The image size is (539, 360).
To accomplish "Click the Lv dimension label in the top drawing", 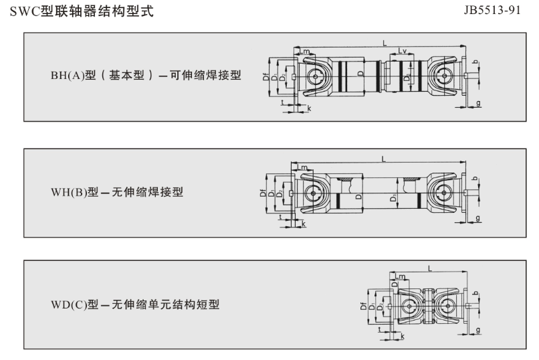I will [x=403, y=51].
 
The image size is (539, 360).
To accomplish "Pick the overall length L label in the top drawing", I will [x=385, y=42].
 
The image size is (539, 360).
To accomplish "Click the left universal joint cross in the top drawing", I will [x=315, y=77].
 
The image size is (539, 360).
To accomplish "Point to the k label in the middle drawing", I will [x=303, y=223].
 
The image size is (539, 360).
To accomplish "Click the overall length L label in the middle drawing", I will [x=383, y=159].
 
